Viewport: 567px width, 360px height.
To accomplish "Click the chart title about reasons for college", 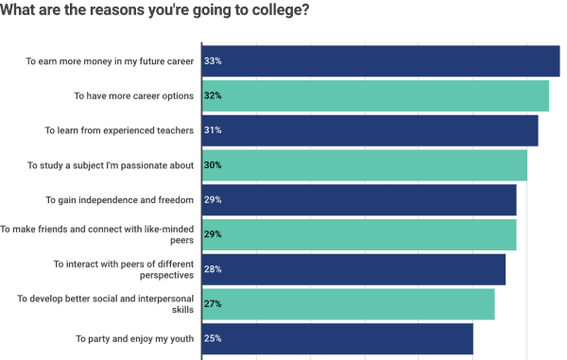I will [x=155, y=10].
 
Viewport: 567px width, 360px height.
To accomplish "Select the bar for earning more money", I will [x=381, y=61].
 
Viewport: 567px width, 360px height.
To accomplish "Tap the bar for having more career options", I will [x=376, y=95].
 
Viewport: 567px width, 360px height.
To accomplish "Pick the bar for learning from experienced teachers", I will [x=370, y=130].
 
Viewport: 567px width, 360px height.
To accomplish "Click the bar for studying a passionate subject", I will [x=365, y=165].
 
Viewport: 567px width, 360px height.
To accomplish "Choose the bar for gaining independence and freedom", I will [x=359, y=199].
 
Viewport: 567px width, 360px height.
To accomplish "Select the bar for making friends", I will [x=359, y=234].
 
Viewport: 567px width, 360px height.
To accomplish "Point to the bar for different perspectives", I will [x=354, y=269].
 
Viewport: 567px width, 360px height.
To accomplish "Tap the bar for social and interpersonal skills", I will [x=349, y=303].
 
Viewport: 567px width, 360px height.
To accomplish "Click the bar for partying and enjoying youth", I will [x=337, y=338].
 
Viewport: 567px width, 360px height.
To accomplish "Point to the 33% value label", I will [x=213, y=61].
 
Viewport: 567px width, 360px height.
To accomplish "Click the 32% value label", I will [x=213, y=95].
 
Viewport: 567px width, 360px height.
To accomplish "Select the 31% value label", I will [x=213, y=130].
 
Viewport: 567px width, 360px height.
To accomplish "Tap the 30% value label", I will [x=213, y=165].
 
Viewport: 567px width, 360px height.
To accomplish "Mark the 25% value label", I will [x=213, y=338].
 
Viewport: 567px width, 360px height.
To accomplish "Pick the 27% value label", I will [x=213, y=303].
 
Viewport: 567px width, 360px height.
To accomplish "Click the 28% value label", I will [x=213, y=269].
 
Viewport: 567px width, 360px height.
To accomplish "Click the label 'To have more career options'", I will [x=134, y=95].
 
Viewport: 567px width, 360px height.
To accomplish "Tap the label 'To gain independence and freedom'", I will [x=120, y=199].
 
